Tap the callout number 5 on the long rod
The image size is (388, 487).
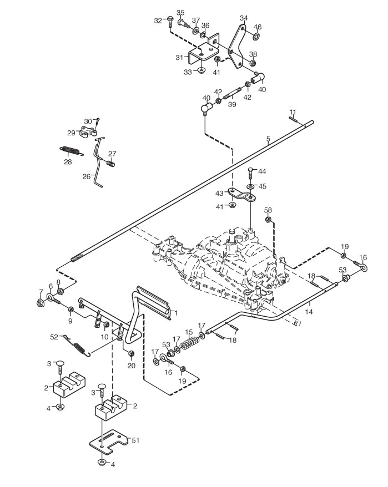pyautogui.click(x=268, y=139)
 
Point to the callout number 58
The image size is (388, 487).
pyautogui.click(x=268, y=210)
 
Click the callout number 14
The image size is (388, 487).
pyautogui.click(x=309, y=312)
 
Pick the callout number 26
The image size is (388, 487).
pyautogui.click(x=87, y=176)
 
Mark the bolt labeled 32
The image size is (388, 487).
pyautogui.click(x=169, y=21)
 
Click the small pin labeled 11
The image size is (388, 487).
pyautogui.click(x=294, y=116)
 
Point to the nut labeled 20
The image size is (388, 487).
pyautogui.click(x=131, y=354)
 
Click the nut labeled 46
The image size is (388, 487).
pyautogui.click(x=256, y=37)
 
